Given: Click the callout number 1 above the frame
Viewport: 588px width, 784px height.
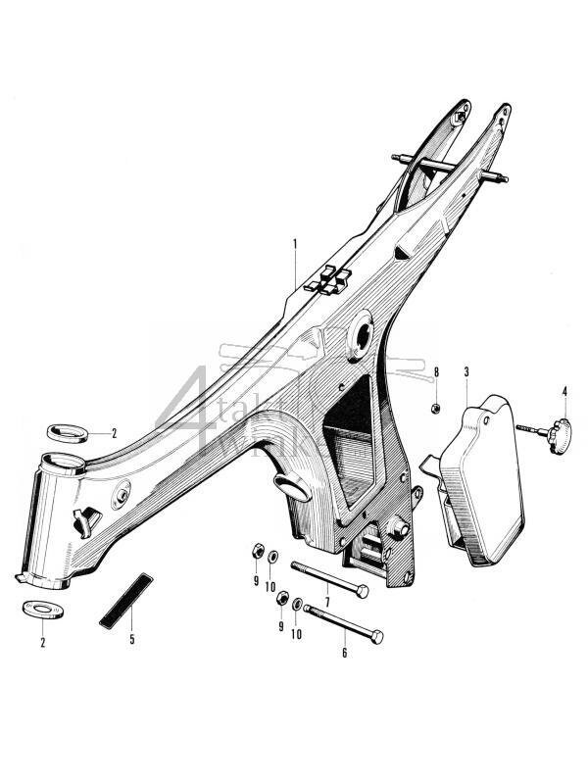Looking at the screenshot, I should click(x=294, y=242).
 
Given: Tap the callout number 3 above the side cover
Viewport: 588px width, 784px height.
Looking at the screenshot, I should click(x=466, y=372).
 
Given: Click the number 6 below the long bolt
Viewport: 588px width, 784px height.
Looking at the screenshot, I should click(x=344, y=652).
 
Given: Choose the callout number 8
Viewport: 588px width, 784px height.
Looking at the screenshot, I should click(x=436, y=372).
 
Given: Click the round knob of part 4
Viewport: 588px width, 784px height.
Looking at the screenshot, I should click(x=561, y=429).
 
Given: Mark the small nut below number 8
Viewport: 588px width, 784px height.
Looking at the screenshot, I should click(x=435, y=407).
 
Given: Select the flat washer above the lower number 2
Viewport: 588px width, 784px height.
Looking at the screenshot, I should click(x=40, y=607).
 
